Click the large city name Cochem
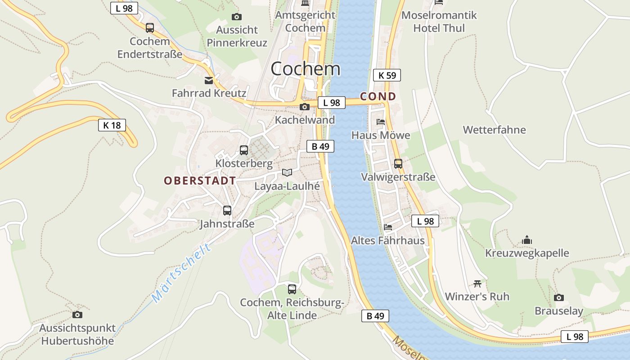(x=306, y=69)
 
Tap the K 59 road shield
(x=387, y=75)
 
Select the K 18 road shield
(x=112, y=125)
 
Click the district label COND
(x=378, y=96)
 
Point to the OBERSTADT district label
(x=200, y=181)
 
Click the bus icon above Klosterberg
(x=244, y=150)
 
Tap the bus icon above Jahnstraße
(x=227, y=210)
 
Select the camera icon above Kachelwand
(x=305, y=107)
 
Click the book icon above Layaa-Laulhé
(x=287, y=172)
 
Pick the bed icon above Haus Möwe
(x=381, y=121)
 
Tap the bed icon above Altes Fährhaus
(x=388, y=227)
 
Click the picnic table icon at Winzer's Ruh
(x=477, y=283)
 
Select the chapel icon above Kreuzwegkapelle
(x=527, y=240)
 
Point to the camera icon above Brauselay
(x=559, y=297)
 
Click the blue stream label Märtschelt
(x=181, y=273)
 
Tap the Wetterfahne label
(x=495, y=130)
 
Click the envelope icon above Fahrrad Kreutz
(x=209, y=81)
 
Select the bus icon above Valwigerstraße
(x=398, y=163)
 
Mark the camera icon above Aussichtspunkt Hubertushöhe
(x=77, y=315)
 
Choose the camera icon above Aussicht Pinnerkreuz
(x=237, y=17)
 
